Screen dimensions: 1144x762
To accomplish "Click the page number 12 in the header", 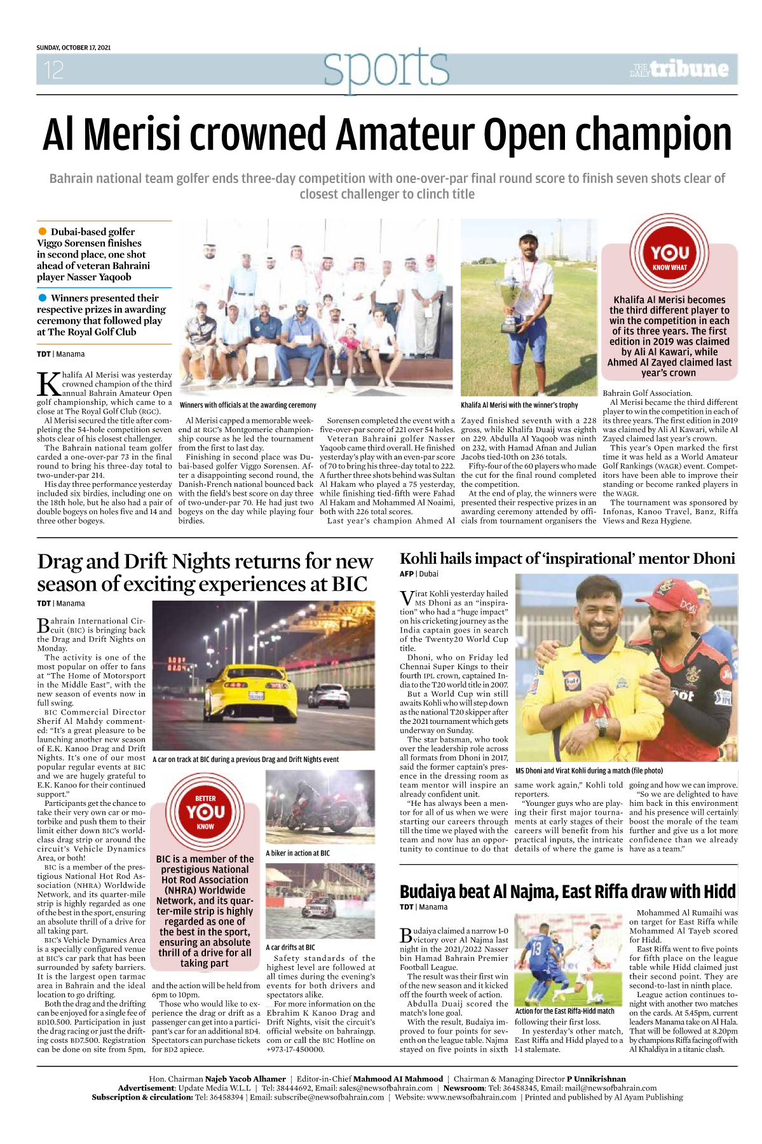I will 53,70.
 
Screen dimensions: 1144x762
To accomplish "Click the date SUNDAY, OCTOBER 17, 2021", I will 73,48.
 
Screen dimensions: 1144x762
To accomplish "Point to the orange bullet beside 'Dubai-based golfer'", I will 43,231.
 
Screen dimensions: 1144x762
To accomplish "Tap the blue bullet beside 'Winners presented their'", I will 43,297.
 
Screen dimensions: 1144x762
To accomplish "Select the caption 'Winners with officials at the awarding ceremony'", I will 248,405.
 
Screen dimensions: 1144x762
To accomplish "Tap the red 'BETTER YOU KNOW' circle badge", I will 205,812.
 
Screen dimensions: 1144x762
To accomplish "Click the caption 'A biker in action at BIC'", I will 297,853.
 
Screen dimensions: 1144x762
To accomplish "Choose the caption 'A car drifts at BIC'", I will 290,947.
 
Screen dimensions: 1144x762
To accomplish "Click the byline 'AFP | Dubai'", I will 419,573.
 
